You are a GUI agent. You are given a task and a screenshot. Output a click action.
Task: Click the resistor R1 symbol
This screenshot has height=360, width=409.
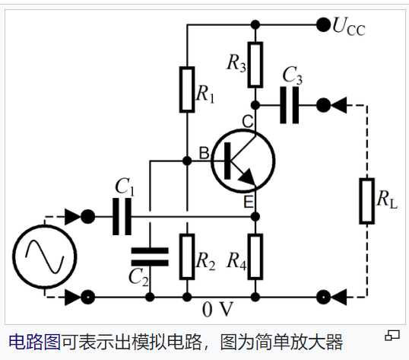click(x=187, y=89)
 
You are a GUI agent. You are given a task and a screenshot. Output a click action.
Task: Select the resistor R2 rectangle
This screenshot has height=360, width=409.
click(x=187, y=256)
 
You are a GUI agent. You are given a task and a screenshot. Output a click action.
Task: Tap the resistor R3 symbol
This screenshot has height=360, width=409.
click(x=255, y=63)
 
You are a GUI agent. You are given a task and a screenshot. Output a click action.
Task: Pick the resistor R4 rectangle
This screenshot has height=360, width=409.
click(x=255, y=256)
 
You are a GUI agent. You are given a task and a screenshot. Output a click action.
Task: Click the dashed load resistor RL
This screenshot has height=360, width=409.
click(x=367, y=200)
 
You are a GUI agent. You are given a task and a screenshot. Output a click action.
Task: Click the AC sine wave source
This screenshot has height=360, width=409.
click(x=43, y=256)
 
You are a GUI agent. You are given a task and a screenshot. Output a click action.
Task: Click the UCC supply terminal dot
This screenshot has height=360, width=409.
click(x=323, y=24)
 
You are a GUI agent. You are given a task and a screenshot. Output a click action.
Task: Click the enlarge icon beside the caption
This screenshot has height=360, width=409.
click(x=392, y=336)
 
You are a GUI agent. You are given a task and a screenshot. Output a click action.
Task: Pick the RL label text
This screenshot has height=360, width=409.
click(x=387, y=199)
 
